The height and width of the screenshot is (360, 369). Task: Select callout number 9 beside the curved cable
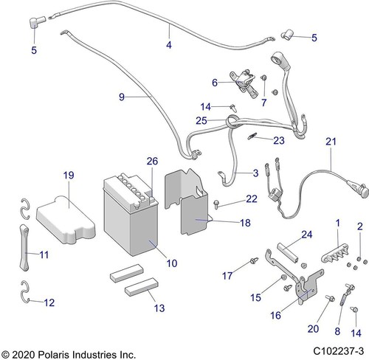[x=122, y=95]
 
